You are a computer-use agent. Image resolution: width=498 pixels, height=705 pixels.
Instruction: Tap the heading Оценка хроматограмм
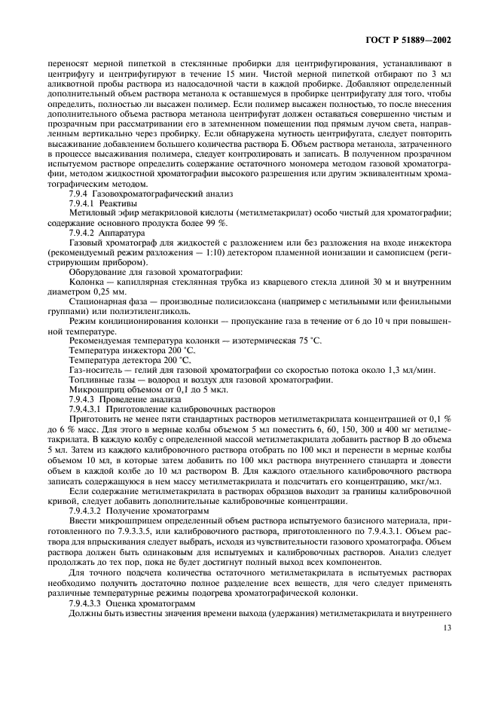coord(145,604)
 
